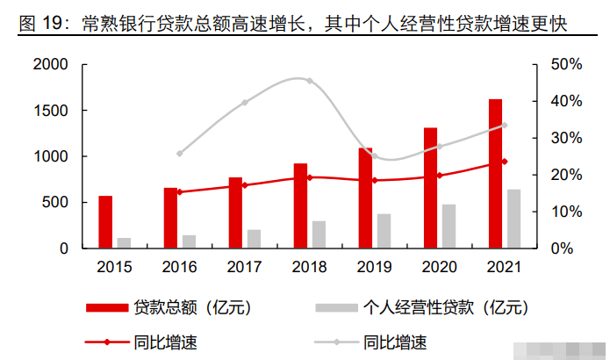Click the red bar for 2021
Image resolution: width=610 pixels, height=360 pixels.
(x=495, y=174)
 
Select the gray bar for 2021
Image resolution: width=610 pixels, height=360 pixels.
(x=513, y=219)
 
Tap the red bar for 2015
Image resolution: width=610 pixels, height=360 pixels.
(x=105, y=222)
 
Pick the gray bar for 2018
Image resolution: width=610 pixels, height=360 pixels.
(x=319, y=234)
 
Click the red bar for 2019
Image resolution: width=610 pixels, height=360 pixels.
(x=365, y=198)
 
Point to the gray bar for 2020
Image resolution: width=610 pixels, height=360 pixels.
(x=449, y=227)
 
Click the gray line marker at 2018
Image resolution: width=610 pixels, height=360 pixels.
(x=310, y=81)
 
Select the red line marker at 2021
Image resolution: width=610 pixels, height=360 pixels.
(x=505, y=162)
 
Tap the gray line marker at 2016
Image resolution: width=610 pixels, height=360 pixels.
(x=180, y=154)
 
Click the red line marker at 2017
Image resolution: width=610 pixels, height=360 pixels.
(x=245, y=185)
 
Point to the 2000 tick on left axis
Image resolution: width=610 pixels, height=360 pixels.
(x=50, y=65)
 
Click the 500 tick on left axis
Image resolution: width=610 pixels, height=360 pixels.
(x=55, y=203)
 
